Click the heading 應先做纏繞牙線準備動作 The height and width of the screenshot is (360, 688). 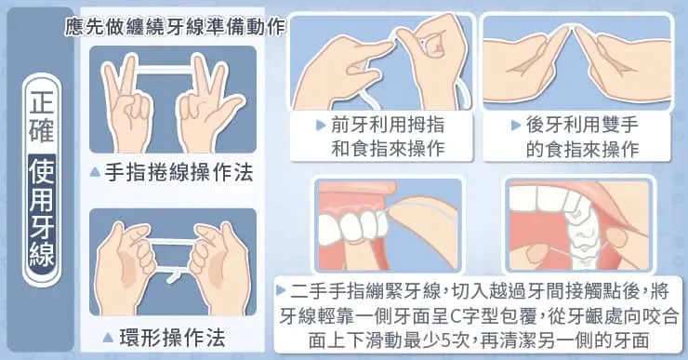[175, 27]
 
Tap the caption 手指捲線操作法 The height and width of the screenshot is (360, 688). [179, 172]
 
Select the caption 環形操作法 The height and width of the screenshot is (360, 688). [172, 338]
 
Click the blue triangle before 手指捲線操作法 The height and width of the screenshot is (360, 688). [95, 172]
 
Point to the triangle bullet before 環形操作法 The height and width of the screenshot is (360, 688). [108, 337]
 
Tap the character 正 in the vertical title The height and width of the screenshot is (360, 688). [42, 101]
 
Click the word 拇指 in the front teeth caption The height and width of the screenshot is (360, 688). [426, 126]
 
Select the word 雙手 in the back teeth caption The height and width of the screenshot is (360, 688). [619, 126]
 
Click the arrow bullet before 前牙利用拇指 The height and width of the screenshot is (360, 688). [321, 126]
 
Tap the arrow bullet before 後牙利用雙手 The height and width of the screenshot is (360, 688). [516, 126]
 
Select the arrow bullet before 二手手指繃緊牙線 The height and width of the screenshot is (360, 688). [281, 290]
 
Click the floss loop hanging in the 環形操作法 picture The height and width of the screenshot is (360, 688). [172, 274]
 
